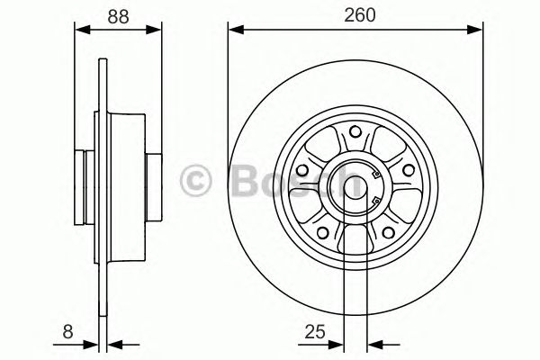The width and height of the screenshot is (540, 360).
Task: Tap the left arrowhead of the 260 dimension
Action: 235,30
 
